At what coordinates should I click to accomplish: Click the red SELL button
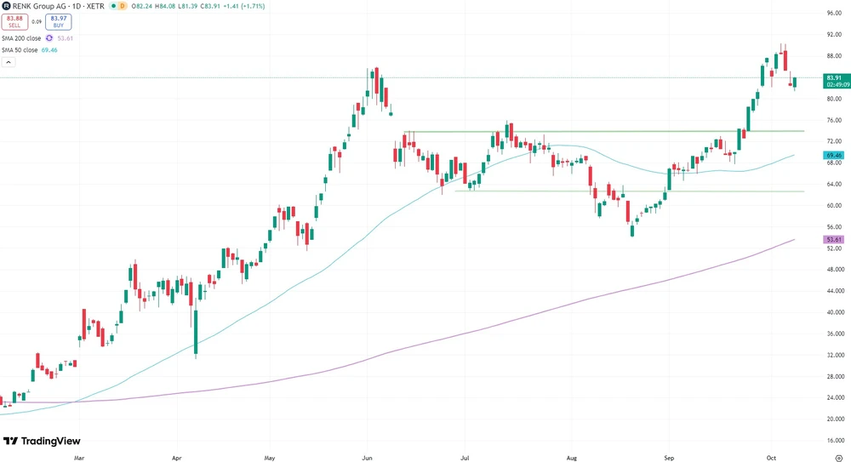point(14,21)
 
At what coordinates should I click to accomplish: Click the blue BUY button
point(58,21)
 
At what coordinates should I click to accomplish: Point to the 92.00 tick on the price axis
point(834,35)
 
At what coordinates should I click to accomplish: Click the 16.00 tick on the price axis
point(834,441)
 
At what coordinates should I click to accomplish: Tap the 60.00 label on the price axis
point(834,206)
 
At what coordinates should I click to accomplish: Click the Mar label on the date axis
point(79,457)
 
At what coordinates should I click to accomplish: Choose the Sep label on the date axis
point(669,457)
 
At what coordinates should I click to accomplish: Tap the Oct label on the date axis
point(770,457)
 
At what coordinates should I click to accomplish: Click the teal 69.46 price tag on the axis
point(834,156)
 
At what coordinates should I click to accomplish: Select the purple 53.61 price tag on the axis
point(834,241)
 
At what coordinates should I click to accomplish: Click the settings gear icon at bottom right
point(839,457)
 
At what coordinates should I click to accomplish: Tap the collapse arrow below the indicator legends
point(8,62)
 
